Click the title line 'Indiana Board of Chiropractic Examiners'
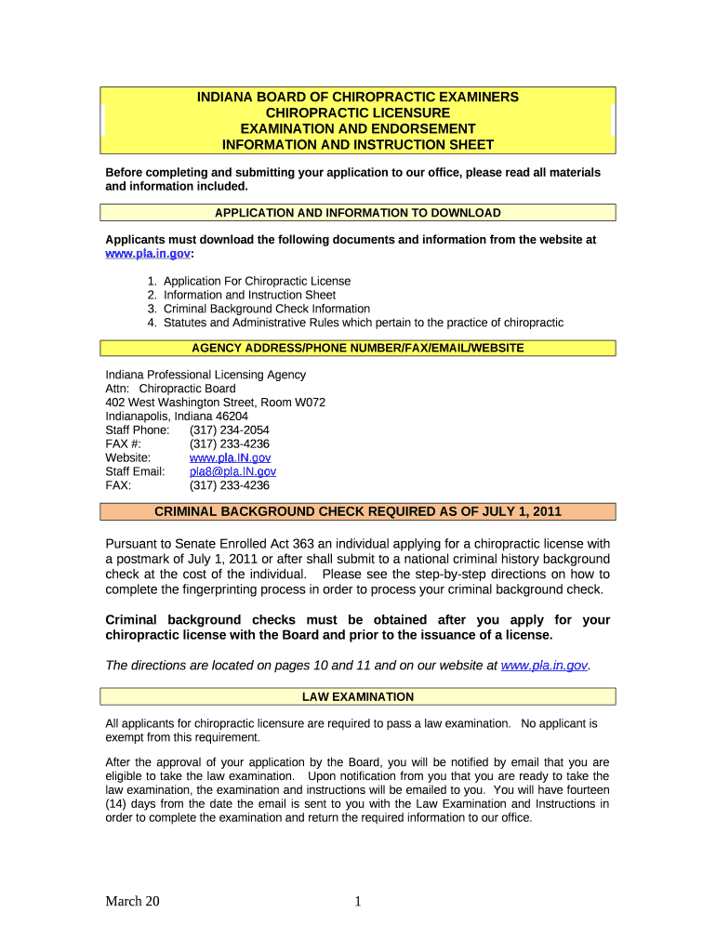(357, 97)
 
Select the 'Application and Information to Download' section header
(357, 213)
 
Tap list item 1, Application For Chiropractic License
(257, 281)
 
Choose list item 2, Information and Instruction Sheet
(249, 295)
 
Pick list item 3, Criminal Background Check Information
(266, 309)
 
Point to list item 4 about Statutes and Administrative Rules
(363, 323)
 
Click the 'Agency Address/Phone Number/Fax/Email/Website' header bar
(357, 348)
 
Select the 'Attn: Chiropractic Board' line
(170, 389)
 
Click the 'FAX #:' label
(123, 443)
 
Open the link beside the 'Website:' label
(230, 457)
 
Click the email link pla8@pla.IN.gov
(232, 471)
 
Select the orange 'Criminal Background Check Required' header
(357, 511)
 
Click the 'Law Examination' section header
(357, 696)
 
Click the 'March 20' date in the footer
(132, 901)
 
